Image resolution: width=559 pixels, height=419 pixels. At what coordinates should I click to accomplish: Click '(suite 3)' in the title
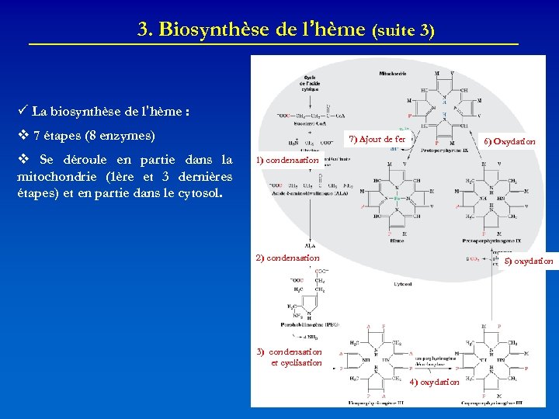403,32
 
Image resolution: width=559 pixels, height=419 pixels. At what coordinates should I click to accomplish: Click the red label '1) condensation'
287,160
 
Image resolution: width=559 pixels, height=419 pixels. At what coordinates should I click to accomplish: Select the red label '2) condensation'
288,258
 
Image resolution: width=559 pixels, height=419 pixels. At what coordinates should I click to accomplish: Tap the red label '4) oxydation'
435,383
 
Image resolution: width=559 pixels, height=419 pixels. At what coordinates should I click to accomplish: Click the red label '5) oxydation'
529,261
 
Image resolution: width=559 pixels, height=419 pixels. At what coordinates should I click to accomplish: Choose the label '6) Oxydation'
509,142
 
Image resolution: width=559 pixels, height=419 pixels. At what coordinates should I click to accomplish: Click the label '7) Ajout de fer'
377,139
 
